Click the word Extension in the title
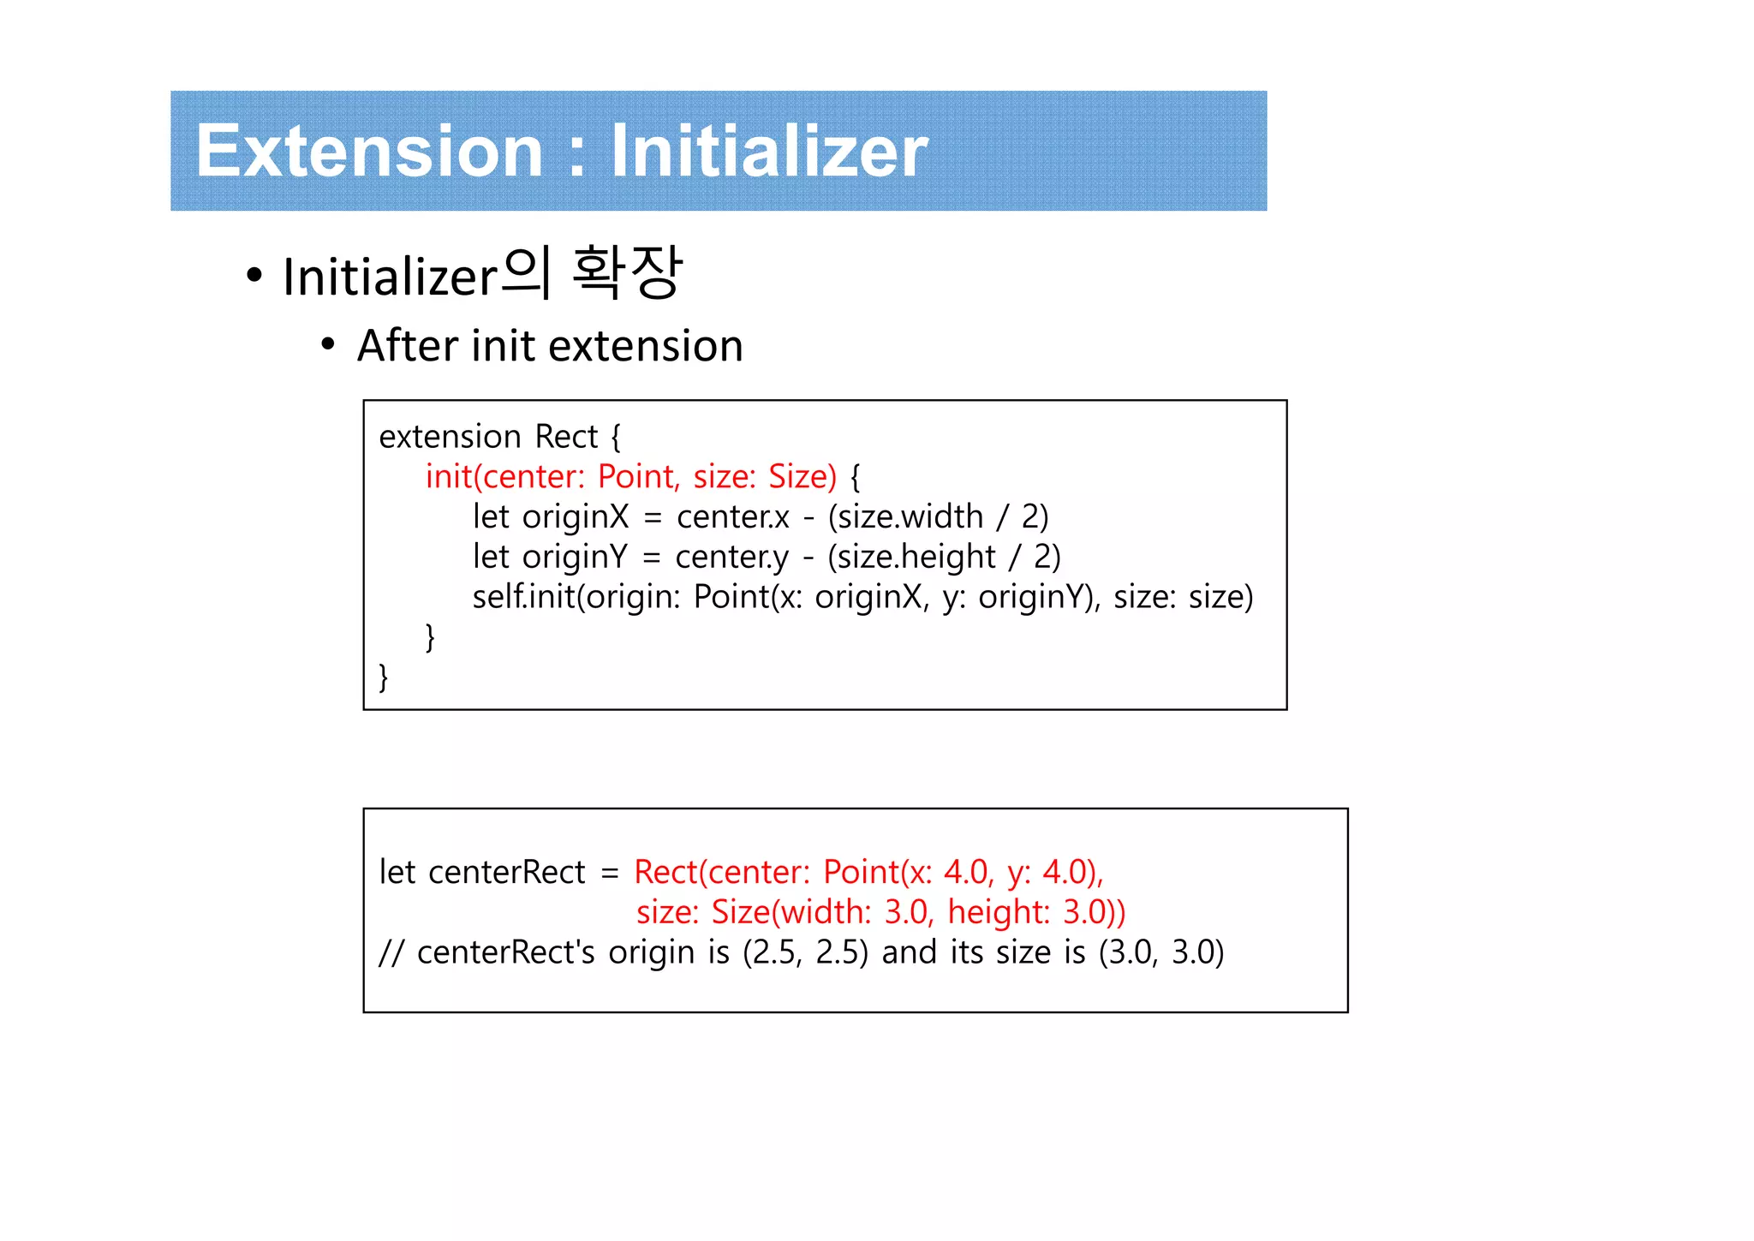pyautogui.click(x=369, y=152)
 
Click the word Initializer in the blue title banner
pyautogui.click(x=768, y=152)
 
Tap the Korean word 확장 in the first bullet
pyautogui.click(x=627, y=273)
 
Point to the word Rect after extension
pyautogui.click(x=565, y=437)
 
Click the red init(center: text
pyautogui.click(x=504, y=477)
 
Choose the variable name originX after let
pyautogui.click(x=575, y=517)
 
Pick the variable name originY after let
pyautogui.click(x=575, y=558)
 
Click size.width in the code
pyautogui.click(x=911, y=517)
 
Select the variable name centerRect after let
pyautogui.click(x=506, y=873)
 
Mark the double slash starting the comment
pyautogui.click(x=391, y=953)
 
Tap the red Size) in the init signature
pyautogui.click(x=802, y=477)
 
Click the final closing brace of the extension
pyautogui.click(x=384, y=677)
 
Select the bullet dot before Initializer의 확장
pyautogui.click(x=254, y=276)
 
